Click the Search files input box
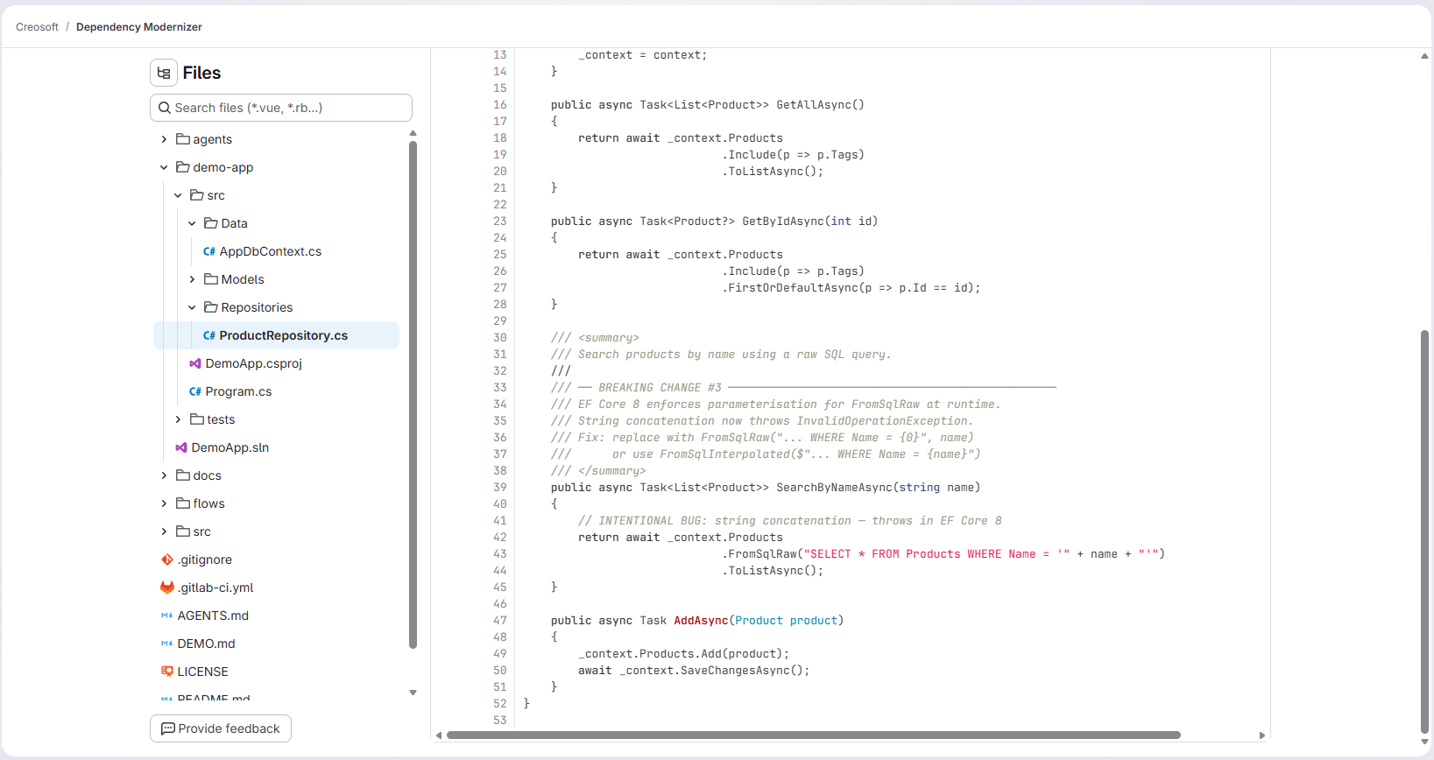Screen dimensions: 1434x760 point(280,108)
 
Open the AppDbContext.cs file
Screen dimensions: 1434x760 point(270,251)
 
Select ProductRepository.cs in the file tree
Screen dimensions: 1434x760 point(283,335)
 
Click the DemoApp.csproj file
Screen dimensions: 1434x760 point(253,363)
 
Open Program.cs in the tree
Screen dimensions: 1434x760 point(238,391)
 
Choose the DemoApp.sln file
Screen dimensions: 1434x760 point(230,447)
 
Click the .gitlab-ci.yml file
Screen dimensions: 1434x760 point(215,588)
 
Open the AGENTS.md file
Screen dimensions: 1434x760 point(213,616)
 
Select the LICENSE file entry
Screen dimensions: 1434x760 point(202,672)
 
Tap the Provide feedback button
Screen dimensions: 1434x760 point(221,728)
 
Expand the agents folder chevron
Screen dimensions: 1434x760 point(164,139)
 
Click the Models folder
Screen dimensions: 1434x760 point(242,279)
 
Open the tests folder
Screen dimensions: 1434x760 point(220,419)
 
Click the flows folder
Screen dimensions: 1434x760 point(208,503)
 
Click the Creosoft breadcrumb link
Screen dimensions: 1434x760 point(37,27)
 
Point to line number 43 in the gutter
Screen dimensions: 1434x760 point(499,554)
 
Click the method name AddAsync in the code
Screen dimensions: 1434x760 point(701,621)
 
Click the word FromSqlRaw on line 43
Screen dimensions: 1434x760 point(762,554)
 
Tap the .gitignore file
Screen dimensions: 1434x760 point(204,559)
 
